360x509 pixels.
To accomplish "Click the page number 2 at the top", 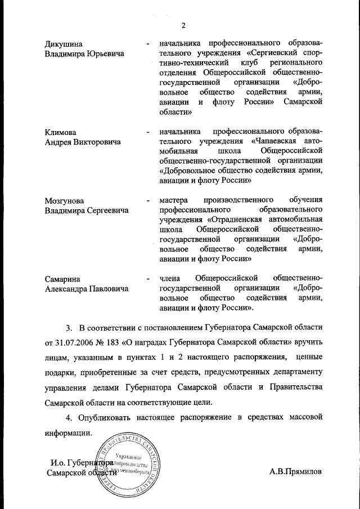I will (183, 24).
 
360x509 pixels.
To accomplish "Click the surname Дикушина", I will (63, 43).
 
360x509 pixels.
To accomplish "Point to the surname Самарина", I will (62, 278).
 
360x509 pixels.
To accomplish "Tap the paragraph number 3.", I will (70, 326).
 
